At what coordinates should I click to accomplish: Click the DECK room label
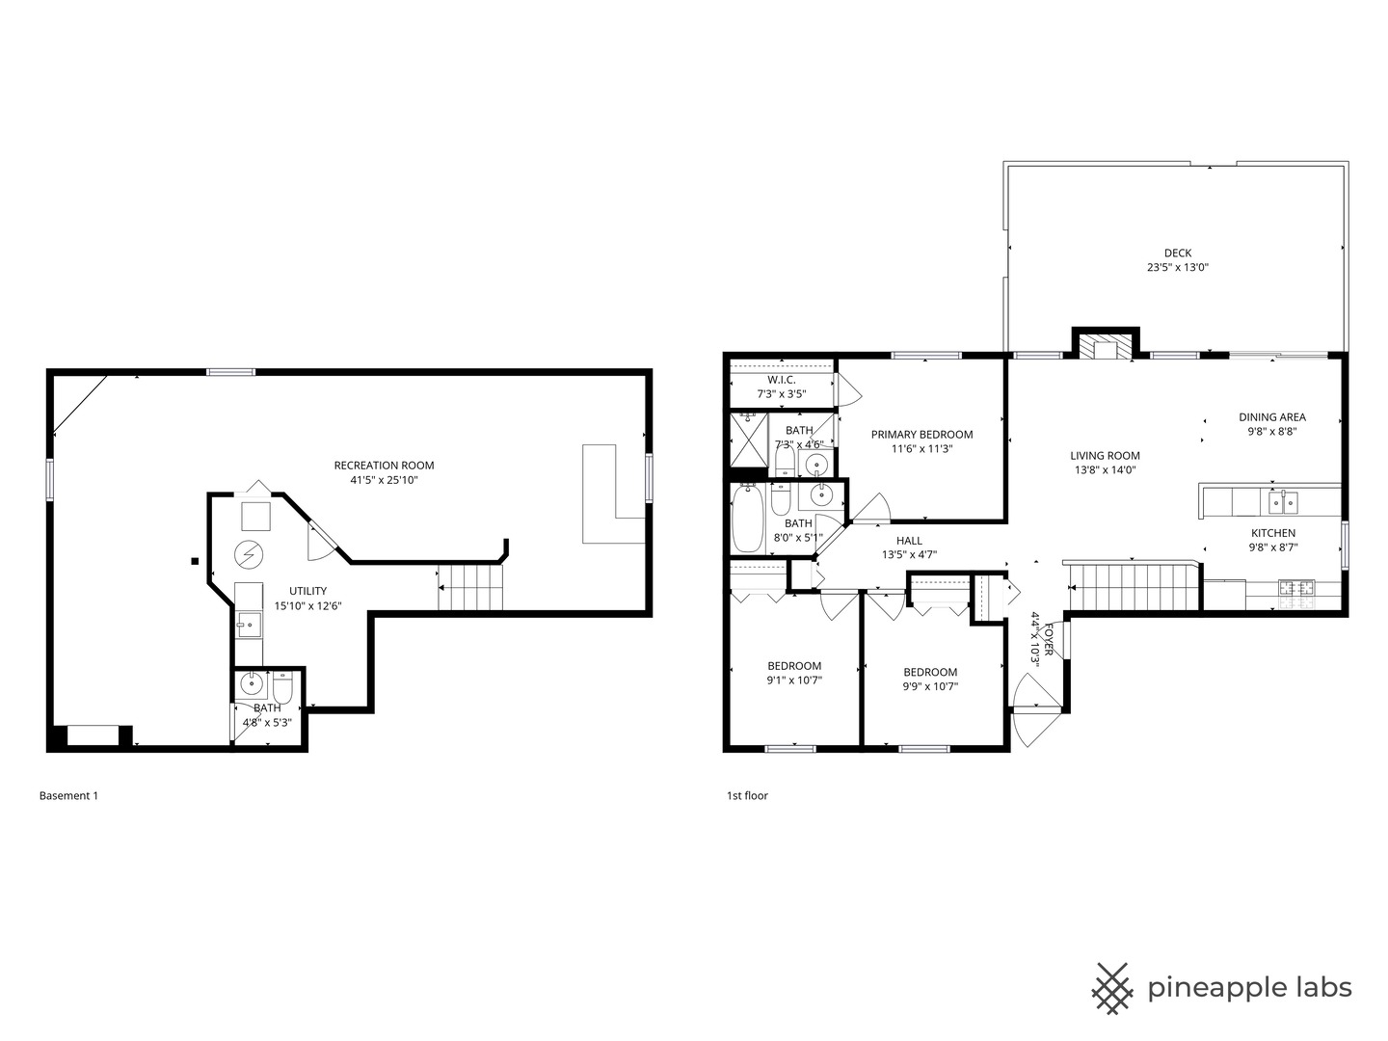1177,254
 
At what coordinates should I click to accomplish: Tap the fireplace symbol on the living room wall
1106,346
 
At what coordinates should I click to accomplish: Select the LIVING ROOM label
1105,456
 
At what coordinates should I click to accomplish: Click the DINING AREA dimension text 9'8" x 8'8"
1271,432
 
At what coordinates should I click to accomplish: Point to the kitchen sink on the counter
1282,502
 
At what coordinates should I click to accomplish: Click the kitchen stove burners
1297,586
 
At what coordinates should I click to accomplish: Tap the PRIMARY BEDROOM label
921,435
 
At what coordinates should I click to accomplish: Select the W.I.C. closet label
781,380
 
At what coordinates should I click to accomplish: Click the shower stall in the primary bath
747,440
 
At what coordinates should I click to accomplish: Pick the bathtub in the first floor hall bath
747,519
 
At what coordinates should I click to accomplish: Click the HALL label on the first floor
909,541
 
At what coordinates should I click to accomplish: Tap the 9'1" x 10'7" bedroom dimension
794,680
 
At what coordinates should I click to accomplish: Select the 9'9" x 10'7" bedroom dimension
930,686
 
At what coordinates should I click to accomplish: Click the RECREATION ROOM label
384,466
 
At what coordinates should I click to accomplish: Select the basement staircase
471,587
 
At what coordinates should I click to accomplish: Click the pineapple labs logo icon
1111,988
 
